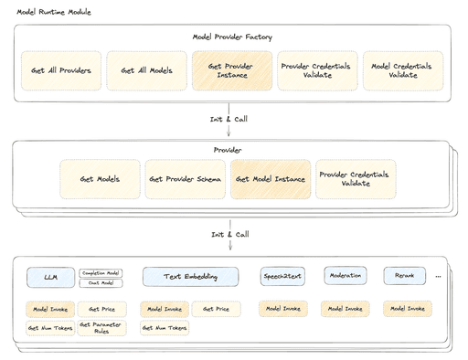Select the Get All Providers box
coord(61,71)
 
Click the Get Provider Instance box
coord(232,71)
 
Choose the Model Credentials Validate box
coord(403,71)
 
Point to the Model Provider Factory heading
coord(232,37)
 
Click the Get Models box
coord(100,180)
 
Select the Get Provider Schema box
coord(186,180)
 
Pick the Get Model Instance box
coord(271,180)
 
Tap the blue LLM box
coord(49,276)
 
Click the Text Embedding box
coord(190,276)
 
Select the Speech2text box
coord(282,276)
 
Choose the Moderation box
coord(345,275)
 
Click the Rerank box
coord(404,275)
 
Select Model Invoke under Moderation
coord(345,309)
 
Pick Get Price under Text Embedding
coord(216,309)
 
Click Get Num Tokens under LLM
coord(49,327)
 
